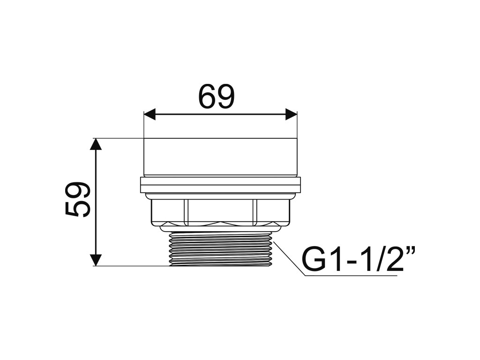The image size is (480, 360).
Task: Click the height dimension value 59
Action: coord(78,200)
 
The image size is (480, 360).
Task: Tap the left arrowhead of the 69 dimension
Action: coord(150,114)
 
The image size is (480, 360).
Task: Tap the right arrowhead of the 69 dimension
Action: coord(291,114)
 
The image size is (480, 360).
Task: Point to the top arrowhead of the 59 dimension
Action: coord(96,144)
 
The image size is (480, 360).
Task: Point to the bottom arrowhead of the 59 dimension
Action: coord(96,260)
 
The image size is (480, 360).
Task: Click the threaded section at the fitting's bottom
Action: coord(220,248)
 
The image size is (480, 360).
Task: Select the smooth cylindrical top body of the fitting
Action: coord(220,157)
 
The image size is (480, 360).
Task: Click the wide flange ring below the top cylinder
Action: coord(220,185)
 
